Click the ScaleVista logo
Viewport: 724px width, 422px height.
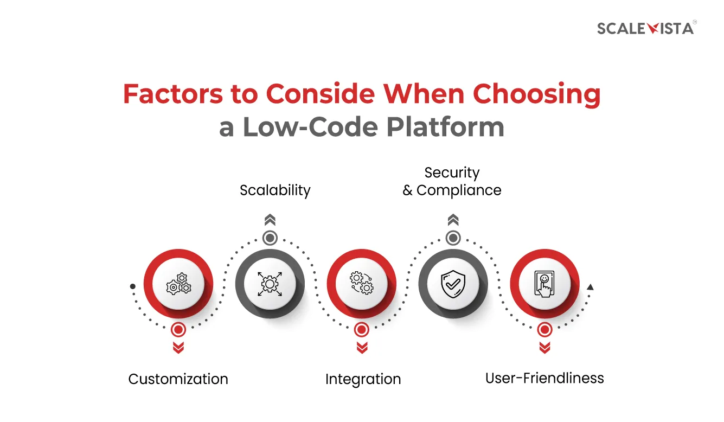pyautogui.click(x=646, y=28)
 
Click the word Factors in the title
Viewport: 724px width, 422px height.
pyautogui.click(x=173, y=94)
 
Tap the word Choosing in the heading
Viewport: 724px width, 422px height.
pyautogui.click(x=536, y=94)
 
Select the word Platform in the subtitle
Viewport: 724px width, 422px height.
pyautogui.click(x=445, y=127)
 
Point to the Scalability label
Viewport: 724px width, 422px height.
pyautogui.click(x=275, y=190)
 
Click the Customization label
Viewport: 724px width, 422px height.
pyautogui.click(x=178, y=379)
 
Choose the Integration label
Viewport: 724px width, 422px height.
pyautogui.click(x=363, y=380)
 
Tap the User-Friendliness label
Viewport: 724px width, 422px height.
pyautogui.click(x=544, y=378)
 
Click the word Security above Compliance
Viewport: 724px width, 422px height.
pyautogui.click(x=452, y=173)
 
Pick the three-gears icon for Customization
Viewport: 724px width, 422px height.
pyautogui.click(x=178, y=284)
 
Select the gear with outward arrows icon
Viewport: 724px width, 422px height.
pyautogui.click(x=270, y=284)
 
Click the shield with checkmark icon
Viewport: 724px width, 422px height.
pyautogui.click(x=453, y=284)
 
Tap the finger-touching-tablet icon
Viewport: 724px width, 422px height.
pyautogui.click(x=544, y=284)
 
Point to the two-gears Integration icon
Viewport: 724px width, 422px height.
pyautogui.click(x=362, y=283)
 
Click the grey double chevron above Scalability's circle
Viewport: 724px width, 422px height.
pyautogui.click(x=270, y=220)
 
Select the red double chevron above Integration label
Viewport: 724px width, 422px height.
pyautogui.click(x=362, y=348)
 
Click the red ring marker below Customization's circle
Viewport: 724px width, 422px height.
pyautogui.click(x=178, y=330)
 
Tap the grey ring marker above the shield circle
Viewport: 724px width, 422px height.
pyautogui.click(x=453, y=238)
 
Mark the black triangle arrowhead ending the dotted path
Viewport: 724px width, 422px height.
pyautogui.click(x=590, y=287)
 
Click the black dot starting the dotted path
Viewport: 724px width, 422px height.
pyautogui.click(x=132, y=286)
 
